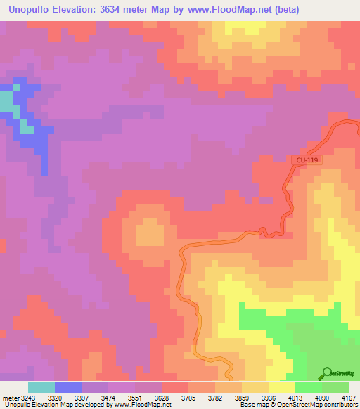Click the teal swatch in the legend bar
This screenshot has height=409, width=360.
tap(41, 387)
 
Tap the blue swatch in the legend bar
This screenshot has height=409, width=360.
tap(68, 387)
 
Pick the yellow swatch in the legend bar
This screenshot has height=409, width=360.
tap(282, 387)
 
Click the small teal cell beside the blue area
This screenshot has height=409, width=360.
tap(27, 126)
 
